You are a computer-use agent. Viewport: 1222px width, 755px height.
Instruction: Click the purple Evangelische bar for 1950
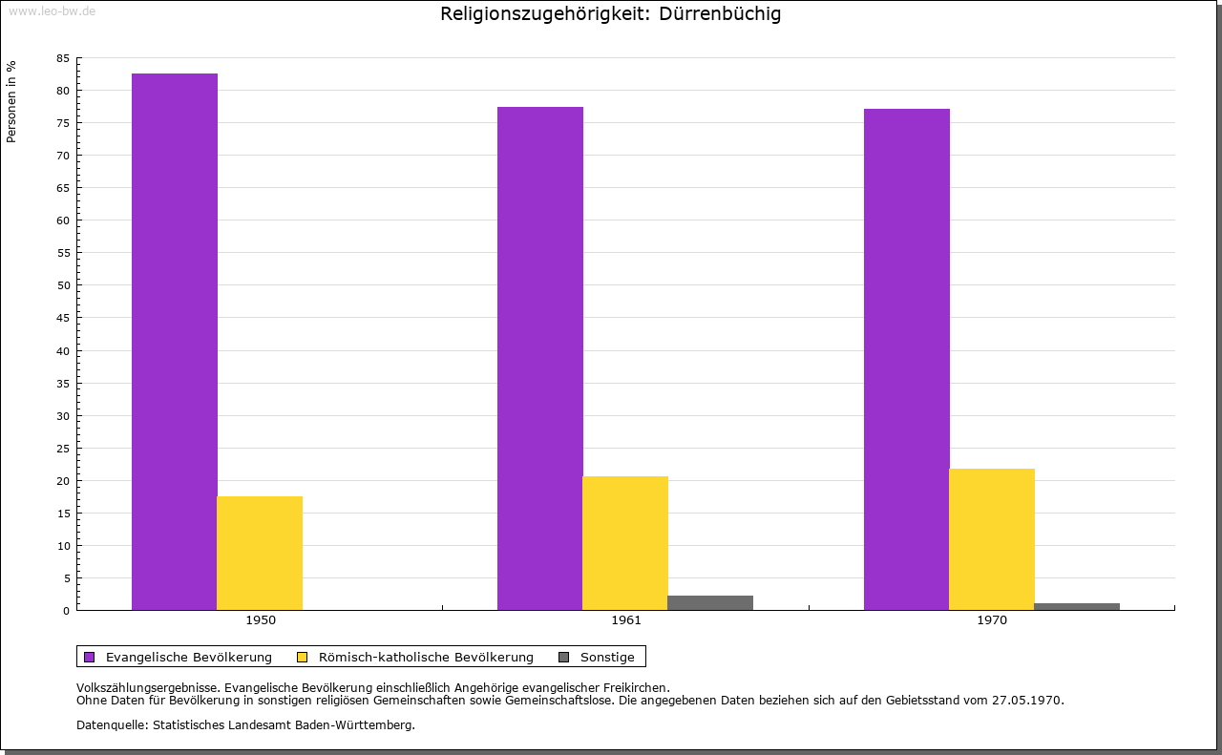tap(175, 342)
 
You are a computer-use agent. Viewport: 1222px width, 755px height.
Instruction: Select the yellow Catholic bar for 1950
tap(260, 554)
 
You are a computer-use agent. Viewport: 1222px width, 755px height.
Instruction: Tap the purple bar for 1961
tap(540, 358)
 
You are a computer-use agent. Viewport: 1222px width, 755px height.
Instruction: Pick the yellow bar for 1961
tap(625, 543)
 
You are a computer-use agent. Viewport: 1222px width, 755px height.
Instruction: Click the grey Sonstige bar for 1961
tap(710, 603)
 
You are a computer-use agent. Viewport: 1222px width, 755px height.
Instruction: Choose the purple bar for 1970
tap(907, 360)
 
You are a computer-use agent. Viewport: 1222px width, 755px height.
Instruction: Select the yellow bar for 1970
tap(992, 539)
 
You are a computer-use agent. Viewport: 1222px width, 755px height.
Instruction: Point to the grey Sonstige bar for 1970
tap(1077, 607)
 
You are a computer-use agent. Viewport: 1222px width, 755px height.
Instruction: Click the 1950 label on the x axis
tap(261, 620)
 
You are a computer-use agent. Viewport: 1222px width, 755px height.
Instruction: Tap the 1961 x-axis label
tap(626, 620)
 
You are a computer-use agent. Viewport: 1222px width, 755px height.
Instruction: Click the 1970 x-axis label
tap(992, 620)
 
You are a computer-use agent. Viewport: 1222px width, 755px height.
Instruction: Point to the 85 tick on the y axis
tap(63, 58)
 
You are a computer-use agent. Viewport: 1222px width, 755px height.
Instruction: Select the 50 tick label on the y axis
tap(63, 285)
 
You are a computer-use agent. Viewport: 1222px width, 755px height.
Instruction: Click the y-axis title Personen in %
tap(11, 101)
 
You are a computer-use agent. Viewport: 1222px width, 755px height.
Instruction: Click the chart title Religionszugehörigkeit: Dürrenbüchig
tap(610, 14)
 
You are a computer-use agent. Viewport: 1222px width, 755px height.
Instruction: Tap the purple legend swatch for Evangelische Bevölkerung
tap(90, 658)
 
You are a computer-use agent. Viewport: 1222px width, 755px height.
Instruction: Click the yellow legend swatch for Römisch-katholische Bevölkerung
tap(303, 658)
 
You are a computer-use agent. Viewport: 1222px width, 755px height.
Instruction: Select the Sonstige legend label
tap(607, 658)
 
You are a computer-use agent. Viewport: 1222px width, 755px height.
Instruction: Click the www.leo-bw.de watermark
tap(52, 11)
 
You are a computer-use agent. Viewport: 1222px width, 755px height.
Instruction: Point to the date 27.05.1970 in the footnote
tap(1027, 701)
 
